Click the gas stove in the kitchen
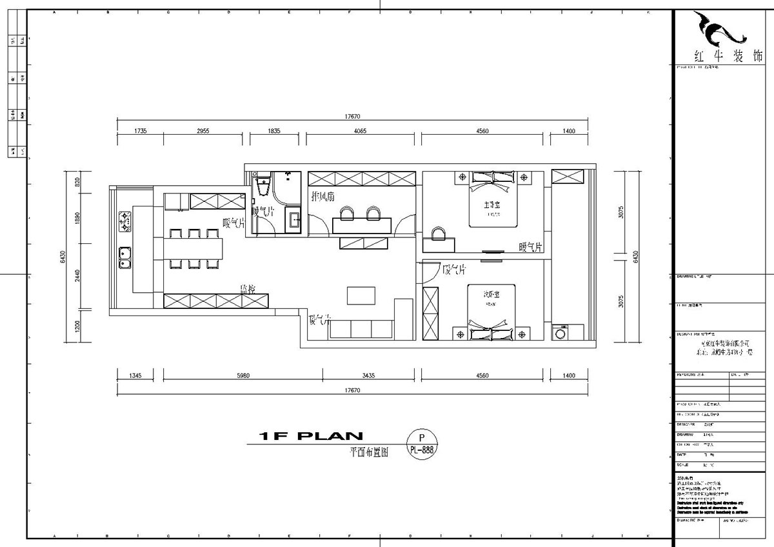coord(125,222)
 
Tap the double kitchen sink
coord(125,259)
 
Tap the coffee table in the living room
coord(362,295)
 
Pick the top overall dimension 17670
coord(352,117)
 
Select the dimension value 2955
coord(203,131)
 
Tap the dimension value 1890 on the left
coord(77,218)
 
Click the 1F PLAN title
coord(310,437)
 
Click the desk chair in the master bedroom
coord(439,232)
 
